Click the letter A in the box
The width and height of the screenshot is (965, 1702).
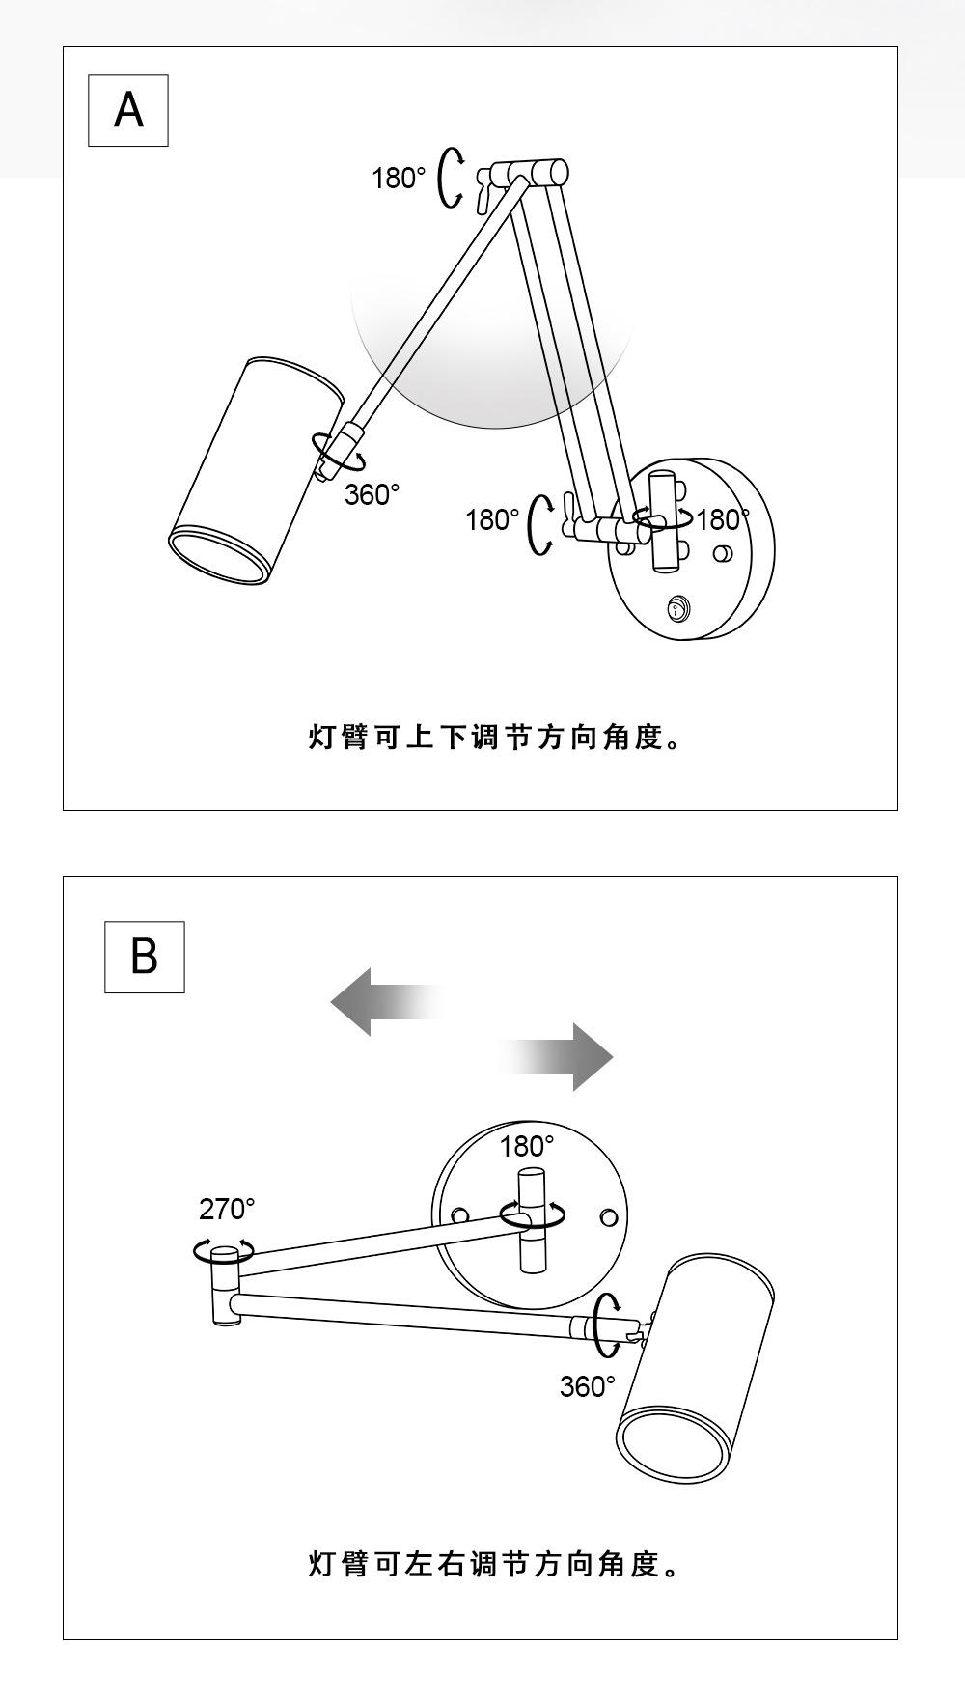(x=128, y=110)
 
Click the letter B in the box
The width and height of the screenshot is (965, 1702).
(x=144, y=957)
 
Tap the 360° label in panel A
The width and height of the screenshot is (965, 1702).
(x=372, y=494)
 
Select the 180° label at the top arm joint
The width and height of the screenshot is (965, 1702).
(x=399, y=178)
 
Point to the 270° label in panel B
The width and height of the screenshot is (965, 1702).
(x=227, y=1209)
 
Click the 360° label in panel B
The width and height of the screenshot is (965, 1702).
(x=587, y=1386)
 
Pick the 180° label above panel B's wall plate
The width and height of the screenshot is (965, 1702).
(x=527, y=1146)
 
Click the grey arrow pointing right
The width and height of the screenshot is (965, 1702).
(x=556, y=1057)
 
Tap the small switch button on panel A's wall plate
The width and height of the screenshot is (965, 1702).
(x=678, y=608)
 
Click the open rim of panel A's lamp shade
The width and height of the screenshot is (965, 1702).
(x=219, y=557)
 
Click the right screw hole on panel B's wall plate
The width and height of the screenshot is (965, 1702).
(x=609, y=1216)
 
